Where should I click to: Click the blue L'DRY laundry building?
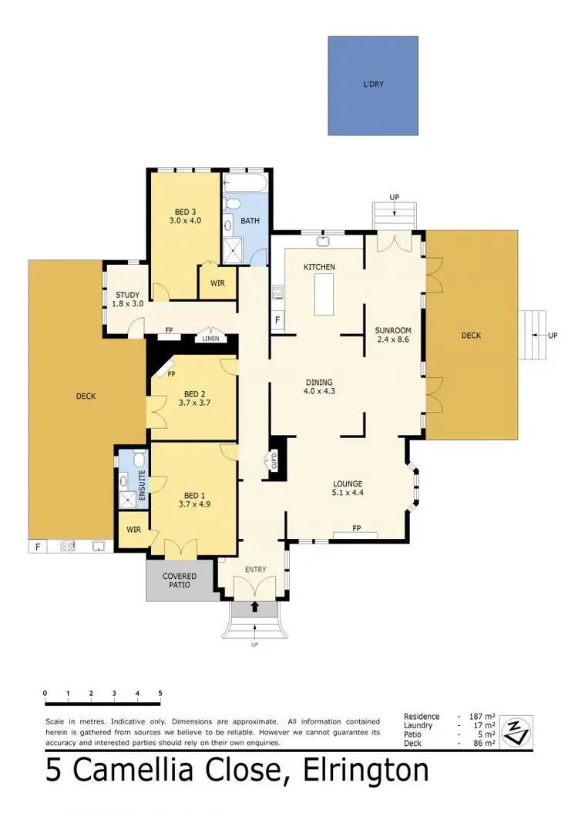pyautogui.click(x=375, y=86)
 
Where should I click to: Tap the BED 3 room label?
pyautogui.click(x=184, y=215)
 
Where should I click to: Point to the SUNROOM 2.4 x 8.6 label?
pyautogui.click(x=393, y=335)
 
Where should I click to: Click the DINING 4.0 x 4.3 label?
pyautogui.click(x=319, y=386)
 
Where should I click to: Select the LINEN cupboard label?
pyautogui.click(x=210, y=339)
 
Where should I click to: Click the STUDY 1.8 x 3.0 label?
pyautogui.click(x=127, y=299)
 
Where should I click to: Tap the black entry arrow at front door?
pyautogui.click(x=255, y=607)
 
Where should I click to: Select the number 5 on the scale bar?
pyautogui.click(x=160, y=694)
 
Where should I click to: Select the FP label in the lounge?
pyautogui.click(x=356, y=529)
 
